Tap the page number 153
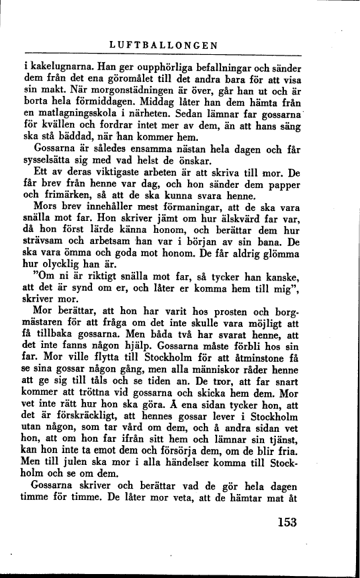pos(285,521)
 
